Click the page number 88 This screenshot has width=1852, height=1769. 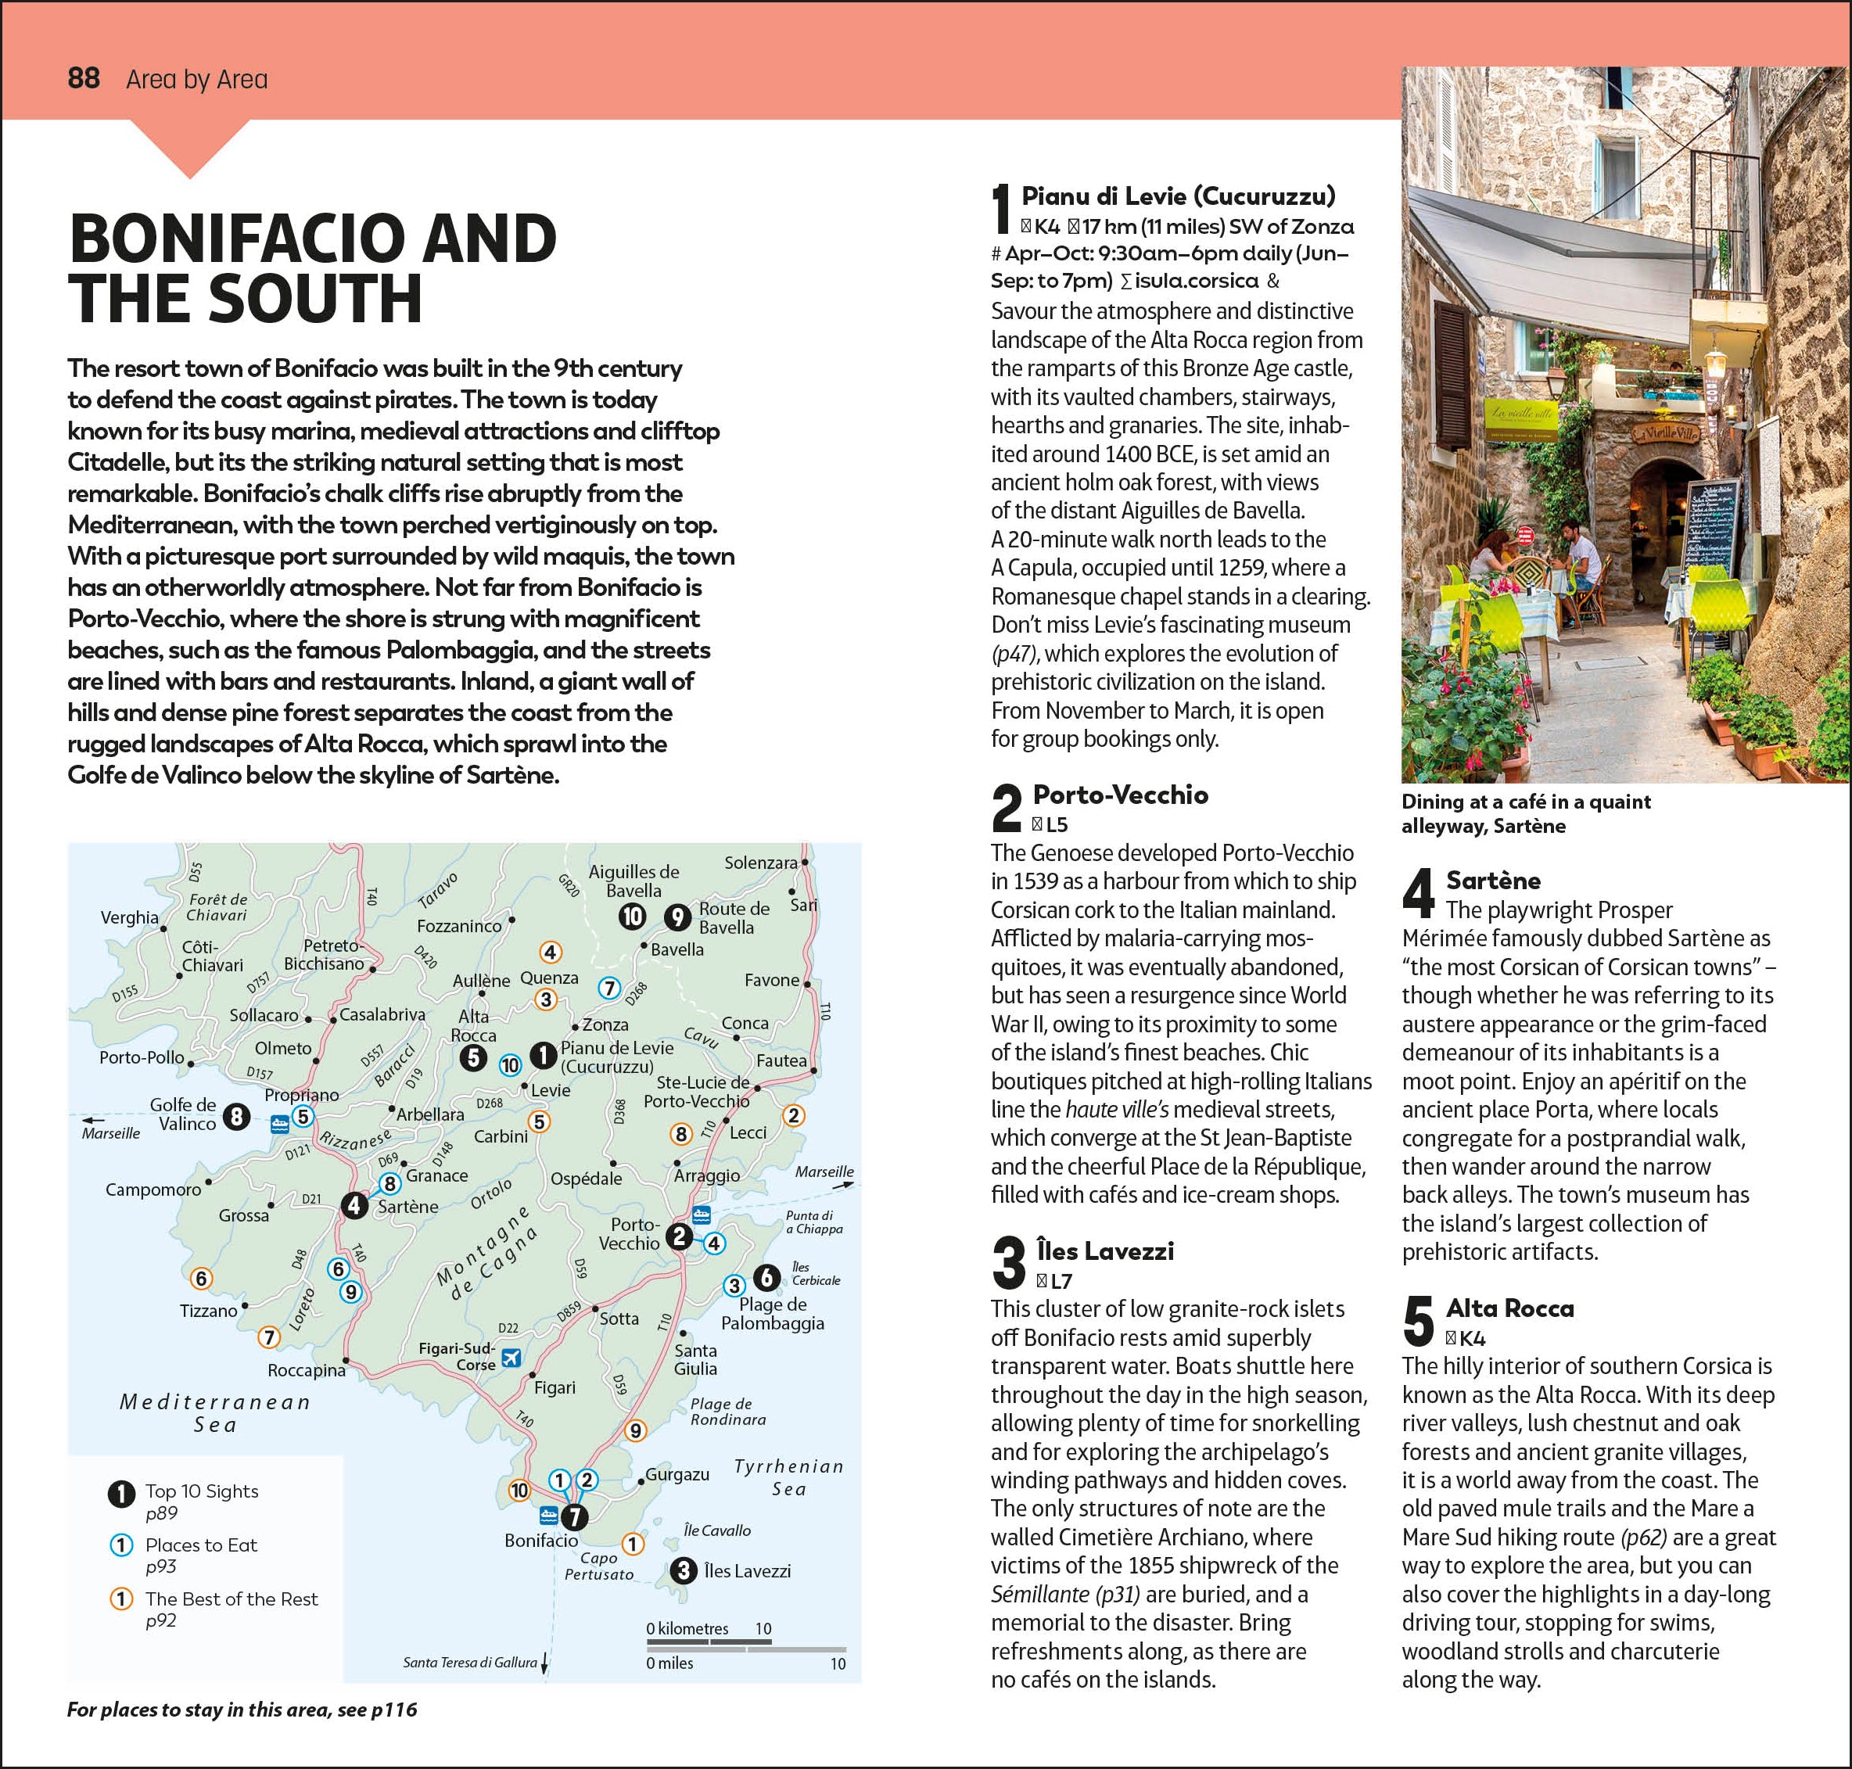coord(84,78)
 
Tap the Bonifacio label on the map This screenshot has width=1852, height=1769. coord(541,1541)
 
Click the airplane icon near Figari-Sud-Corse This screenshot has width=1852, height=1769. coord(511,1358)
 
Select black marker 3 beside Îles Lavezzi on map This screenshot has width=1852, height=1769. coord(683,1571)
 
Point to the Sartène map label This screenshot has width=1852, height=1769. coord(407,1206)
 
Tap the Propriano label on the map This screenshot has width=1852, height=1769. coord(301,1095)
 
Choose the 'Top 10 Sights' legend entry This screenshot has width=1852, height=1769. coord(201,1491)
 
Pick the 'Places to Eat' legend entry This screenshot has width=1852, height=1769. coord(201,1545)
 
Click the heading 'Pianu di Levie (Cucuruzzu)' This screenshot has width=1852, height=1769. coord(1178,196)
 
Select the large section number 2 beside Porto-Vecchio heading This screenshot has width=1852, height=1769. coord(1007,808)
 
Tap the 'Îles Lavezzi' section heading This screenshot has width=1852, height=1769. coord(1104,1250)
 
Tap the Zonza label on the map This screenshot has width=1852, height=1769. coord(605,1024)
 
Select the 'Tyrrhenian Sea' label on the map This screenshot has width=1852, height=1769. coord(788,1477)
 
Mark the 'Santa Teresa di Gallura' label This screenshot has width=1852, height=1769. coord(469,1663)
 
